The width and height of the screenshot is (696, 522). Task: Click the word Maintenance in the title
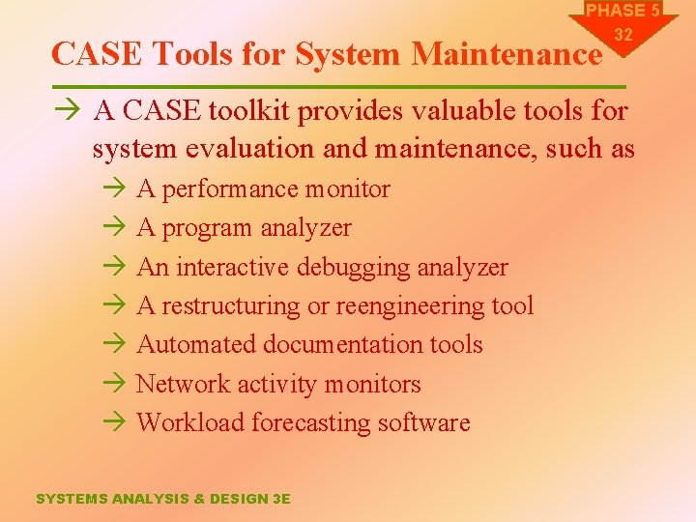[506, 54]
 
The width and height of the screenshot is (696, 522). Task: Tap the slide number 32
[623, 35]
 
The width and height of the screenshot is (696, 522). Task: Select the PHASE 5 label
[623, 11]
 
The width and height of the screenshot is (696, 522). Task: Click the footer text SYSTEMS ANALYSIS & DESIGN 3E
[162, 499]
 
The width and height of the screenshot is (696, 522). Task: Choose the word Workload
[190, 422]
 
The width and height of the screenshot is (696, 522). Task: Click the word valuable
[454, 112]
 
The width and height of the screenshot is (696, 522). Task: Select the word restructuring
[231, 306]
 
